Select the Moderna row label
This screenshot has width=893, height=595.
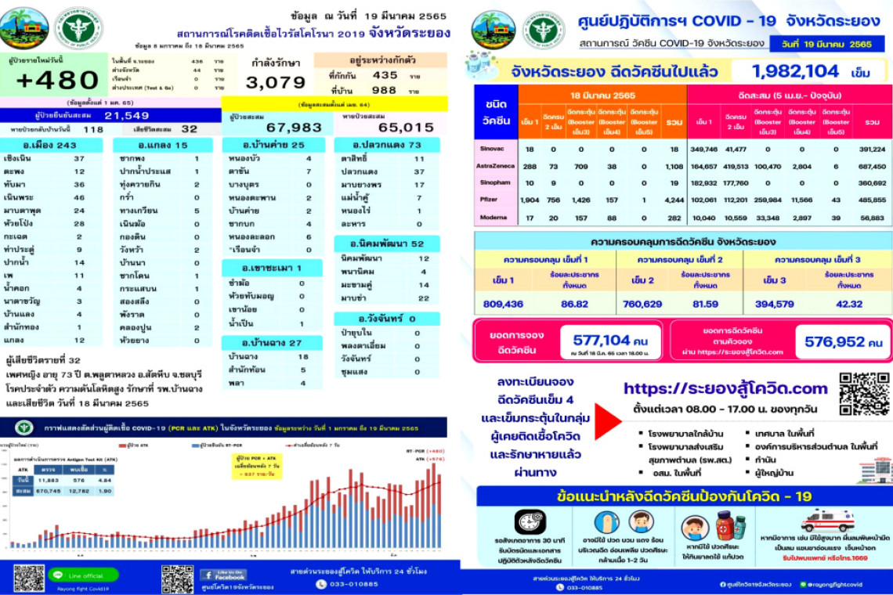(492, 218)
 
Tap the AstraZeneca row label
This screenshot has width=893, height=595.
(496, 166)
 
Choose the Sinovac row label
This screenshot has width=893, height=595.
(491, 148)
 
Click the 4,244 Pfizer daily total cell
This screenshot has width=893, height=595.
(673, 200)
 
